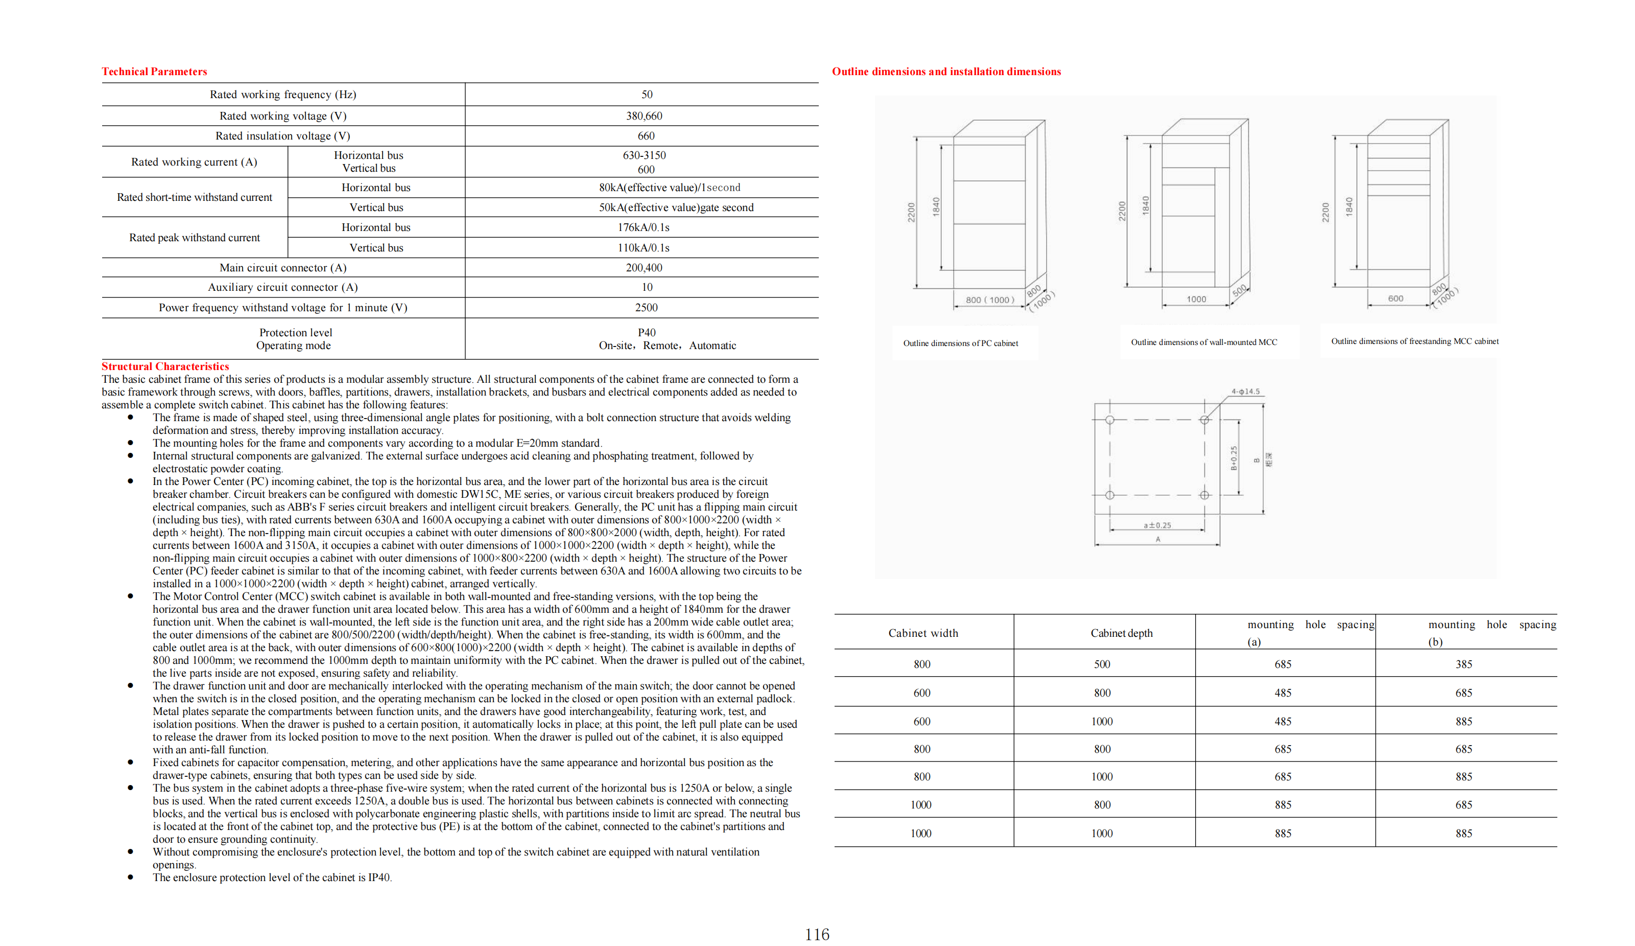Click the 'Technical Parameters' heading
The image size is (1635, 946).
coord(154,72)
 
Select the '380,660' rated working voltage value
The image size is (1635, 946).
coord(644,116)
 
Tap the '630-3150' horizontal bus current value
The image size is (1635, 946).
coord(644,155)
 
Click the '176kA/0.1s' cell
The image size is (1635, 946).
coord(643,227)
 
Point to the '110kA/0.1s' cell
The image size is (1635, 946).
coord(643,247)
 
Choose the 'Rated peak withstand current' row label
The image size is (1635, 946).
coord(194,238)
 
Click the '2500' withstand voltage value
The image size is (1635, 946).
coord(646,307)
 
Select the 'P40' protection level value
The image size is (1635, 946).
coord(646,332)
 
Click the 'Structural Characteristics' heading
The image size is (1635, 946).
coord(165,366)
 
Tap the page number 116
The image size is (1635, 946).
coord(817,934)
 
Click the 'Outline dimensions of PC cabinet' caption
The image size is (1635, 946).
coord(960,343)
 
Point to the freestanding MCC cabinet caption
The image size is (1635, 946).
coord(1414,341)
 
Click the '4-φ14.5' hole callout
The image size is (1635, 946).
coord(1245,391)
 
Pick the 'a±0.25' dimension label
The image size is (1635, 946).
coord(1157,525)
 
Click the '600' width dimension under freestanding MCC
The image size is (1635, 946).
coord(1395,298)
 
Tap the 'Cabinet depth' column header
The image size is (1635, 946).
coord(1121,633)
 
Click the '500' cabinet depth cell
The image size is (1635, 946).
coord(1102,664)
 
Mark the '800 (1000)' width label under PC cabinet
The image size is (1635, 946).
coord(989,300)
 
